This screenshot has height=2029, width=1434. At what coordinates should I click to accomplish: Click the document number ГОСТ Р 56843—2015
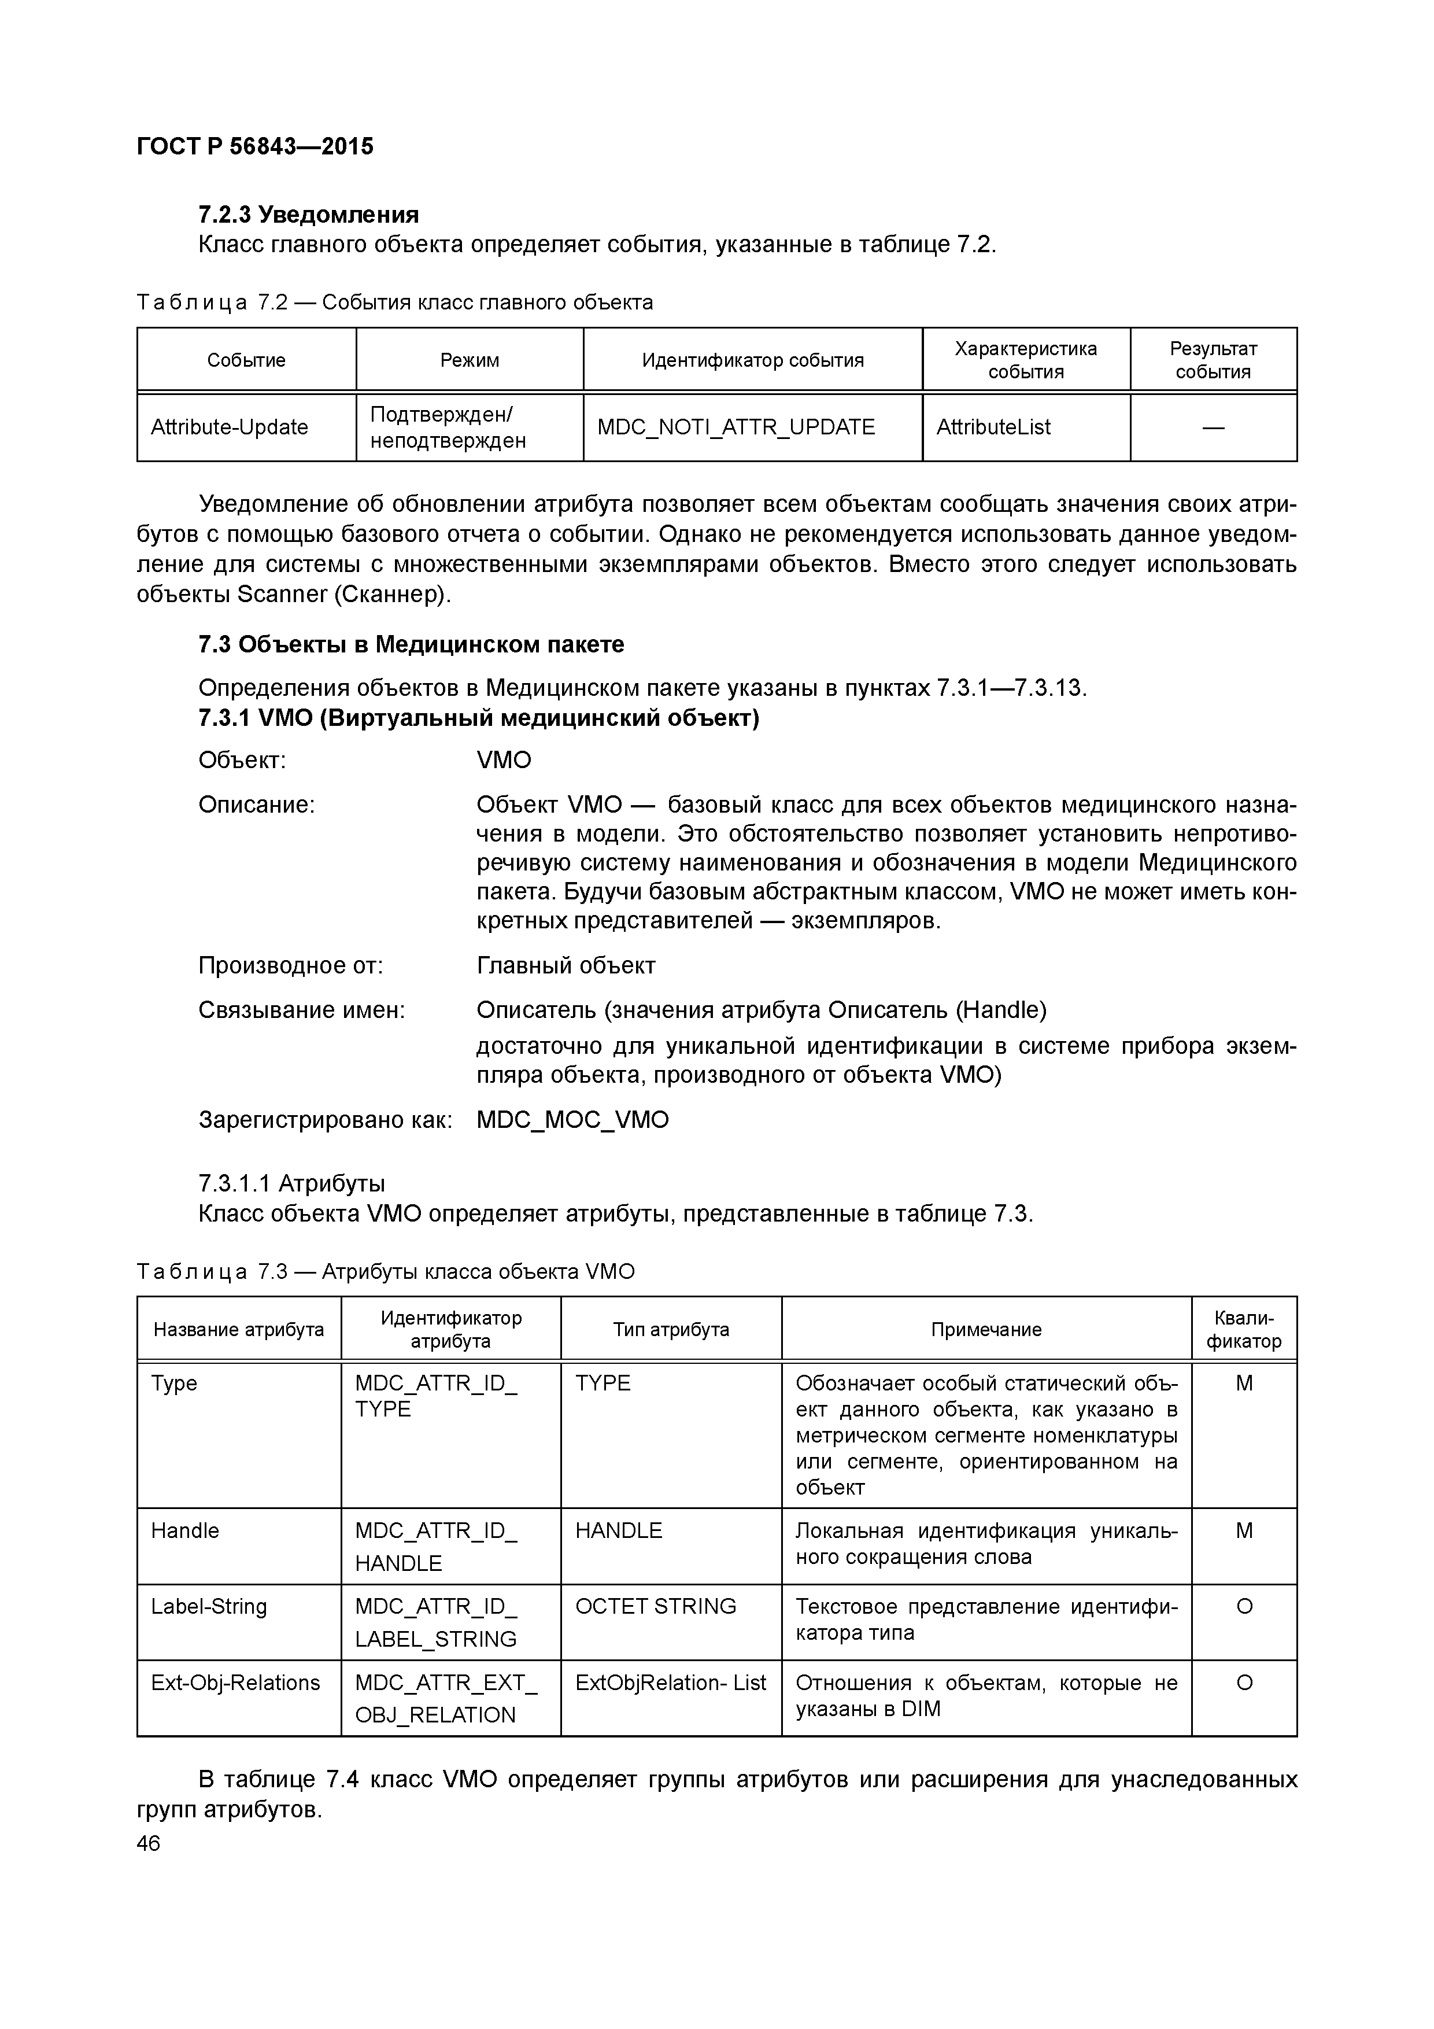tap(256, 147)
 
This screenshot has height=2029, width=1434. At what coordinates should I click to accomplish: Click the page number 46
tap(149, 1843)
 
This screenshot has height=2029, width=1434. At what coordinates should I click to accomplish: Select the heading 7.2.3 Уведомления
tap(308, 215)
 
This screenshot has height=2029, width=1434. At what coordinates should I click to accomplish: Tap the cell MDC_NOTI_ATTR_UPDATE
tap(736, 427)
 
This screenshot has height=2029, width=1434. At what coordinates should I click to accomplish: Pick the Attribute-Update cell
tap(230, 427)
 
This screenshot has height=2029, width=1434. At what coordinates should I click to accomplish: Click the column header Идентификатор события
tap(753, 360)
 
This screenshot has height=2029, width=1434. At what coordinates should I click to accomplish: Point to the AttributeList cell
tap(993, 427)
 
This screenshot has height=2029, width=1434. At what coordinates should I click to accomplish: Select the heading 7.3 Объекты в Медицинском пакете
tap(411, 644)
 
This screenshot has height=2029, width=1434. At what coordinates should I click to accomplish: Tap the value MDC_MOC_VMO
tap(572, 1120)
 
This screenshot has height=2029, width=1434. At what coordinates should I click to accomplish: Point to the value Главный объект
tap(566, 966)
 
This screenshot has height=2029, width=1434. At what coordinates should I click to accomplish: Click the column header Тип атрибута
tap(671, 1330)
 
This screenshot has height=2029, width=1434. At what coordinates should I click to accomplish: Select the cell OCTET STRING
tap(656, 1607)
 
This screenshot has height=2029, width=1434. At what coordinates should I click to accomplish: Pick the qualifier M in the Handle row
tap(1244, 1530)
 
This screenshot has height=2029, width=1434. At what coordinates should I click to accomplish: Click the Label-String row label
tap(209, 1607)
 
